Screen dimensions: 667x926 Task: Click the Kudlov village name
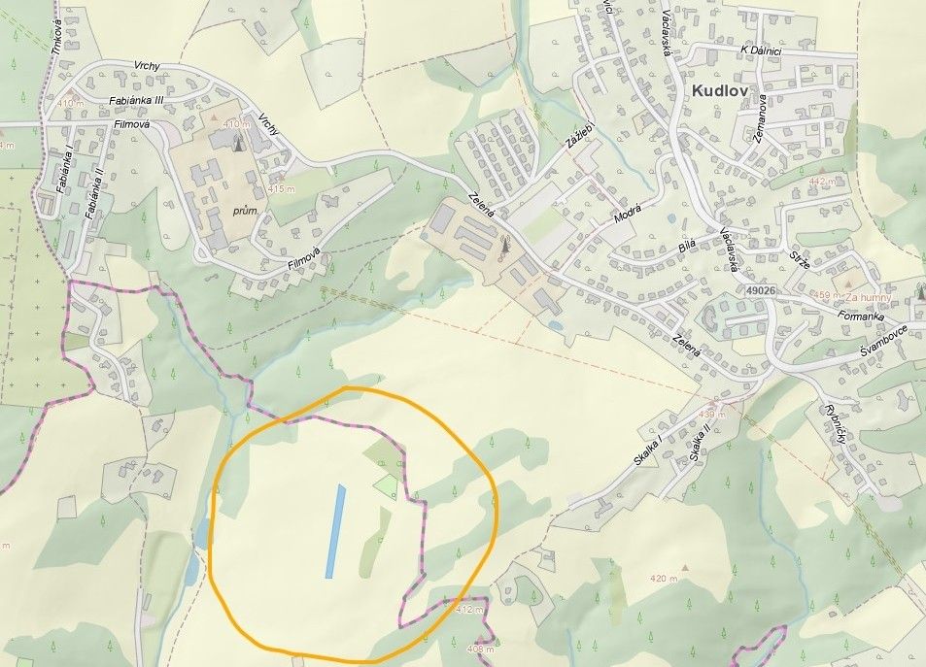[x=729, y=91]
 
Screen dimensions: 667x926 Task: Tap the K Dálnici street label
[x=761, y=50]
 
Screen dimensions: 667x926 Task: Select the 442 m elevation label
[x=822, y=182]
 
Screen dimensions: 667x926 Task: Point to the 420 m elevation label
[x=664, y=579]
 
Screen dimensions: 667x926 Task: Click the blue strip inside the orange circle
[x=334, y=531]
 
